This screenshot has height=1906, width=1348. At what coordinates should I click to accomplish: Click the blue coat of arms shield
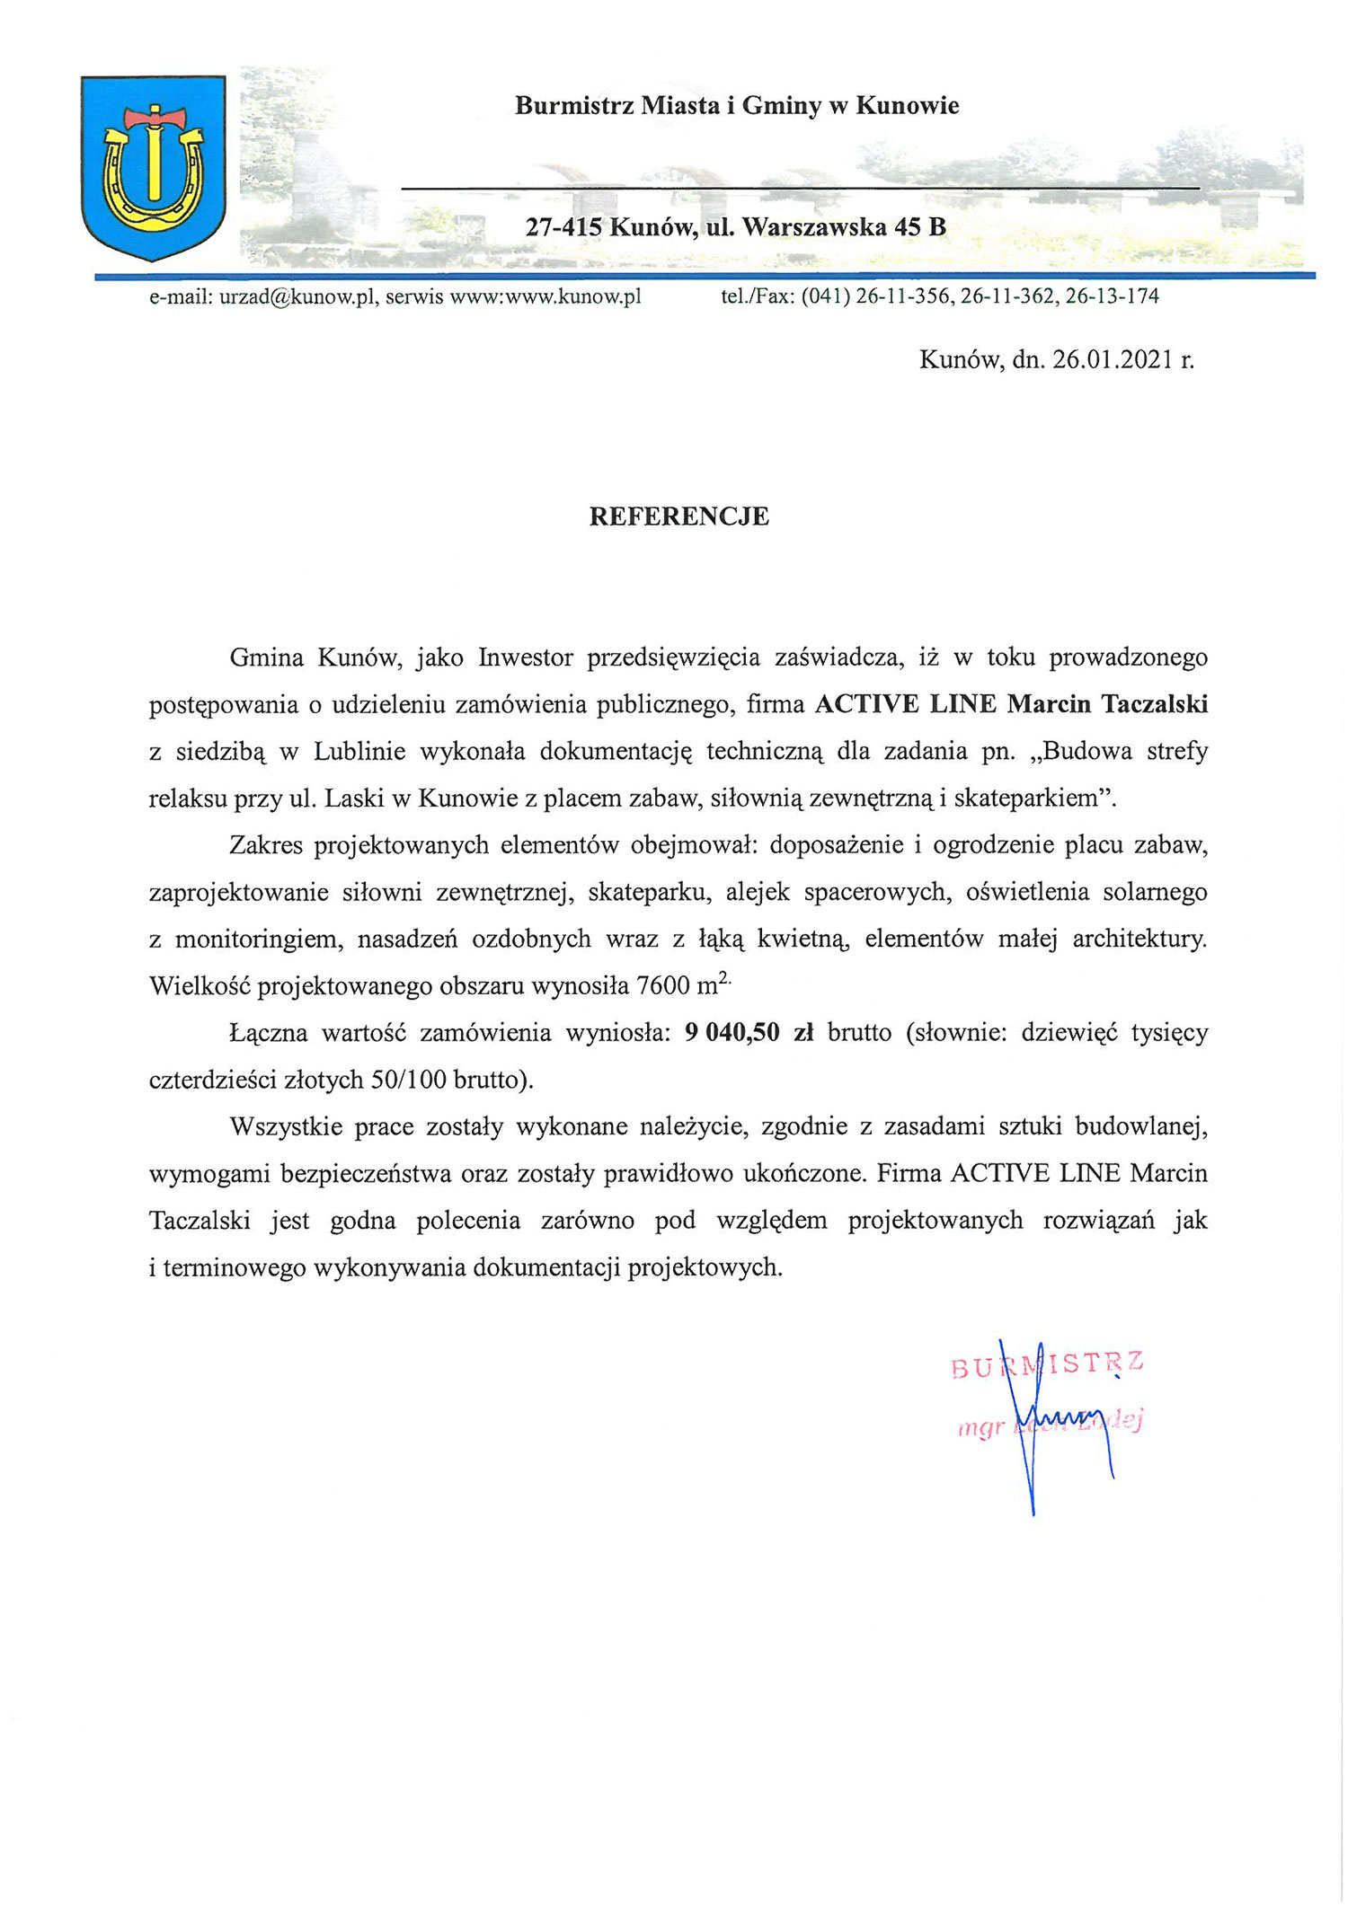pos(153,167)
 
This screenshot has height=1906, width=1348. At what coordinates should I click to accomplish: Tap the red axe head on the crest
pos(154,117)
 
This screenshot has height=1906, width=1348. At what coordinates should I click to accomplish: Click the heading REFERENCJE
pos(678,516)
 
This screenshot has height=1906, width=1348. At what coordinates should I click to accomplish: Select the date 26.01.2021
pos(1113,360)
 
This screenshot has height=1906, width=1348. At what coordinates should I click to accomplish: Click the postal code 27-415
pos(563,227)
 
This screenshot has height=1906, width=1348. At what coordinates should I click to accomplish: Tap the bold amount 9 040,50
pos(732,1033)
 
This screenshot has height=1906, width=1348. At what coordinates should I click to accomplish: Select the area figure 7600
pos(662,986)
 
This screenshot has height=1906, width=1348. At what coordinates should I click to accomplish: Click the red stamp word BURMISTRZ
pos(1047,1365)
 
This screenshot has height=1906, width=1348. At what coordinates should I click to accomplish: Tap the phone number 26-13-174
pos(1113,296)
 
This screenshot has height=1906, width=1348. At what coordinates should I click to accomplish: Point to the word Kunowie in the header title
pos(907,106)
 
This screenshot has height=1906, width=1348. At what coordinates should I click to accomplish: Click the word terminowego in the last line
pos(235,1267)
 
